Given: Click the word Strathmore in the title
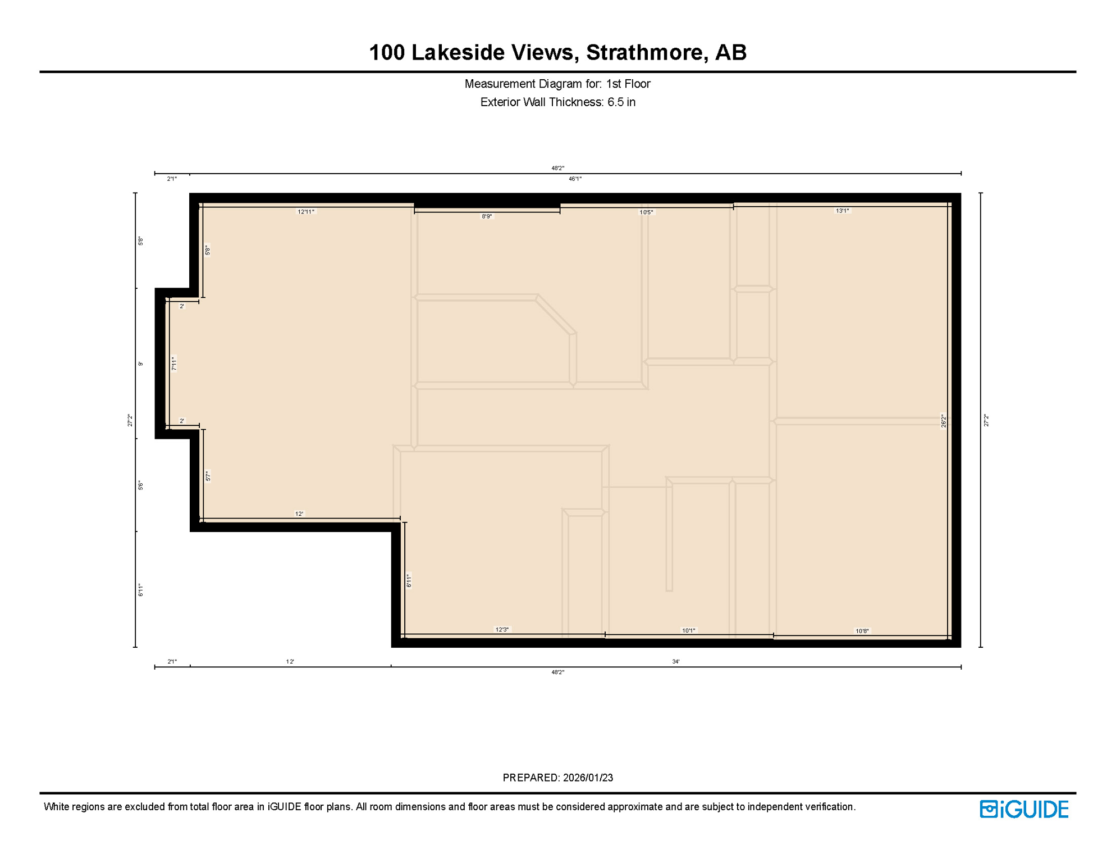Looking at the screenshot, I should [x=644, y=52].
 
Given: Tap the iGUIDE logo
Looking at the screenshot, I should [x=1024, y=809].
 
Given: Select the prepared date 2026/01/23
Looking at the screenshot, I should [x=588, y=778].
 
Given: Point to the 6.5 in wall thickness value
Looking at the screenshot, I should [x=621, y=102].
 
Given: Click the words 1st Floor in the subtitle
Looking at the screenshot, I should [x=628, y=84].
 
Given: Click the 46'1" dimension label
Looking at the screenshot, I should [x=575, y=179].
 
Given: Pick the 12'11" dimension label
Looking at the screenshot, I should [x=306, y=212].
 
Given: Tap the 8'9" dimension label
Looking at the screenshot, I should [x=487, y=216].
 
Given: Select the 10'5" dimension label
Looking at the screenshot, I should [x=646, y=212].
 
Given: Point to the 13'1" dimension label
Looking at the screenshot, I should [x=842, y=211].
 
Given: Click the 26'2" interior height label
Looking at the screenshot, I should [x=944, y=421].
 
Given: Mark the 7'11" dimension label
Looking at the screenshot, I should [x=175, y=364].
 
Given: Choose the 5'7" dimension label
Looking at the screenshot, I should [x=208, y=476].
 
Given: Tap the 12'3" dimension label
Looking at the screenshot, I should [x=502, y=629].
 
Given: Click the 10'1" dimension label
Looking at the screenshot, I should [x=688, y=630].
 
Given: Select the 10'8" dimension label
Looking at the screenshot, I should [x=862, y=631].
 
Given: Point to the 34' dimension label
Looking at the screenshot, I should [x=676, y=661].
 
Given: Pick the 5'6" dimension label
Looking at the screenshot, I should [x=141, y=485].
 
